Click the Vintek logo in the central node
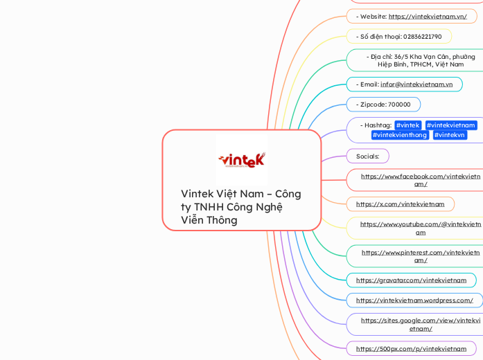coord(241,160)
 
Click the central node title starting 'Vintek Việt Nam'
coord(240,206)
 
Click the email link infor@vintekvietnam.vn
coord(416,84)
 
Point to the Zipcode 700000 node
coord(383,105)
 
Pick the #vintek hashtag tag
coord(407,125)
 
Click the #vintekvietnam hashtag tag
coord(451,125)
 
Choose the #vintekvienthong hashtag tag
coord(399,135)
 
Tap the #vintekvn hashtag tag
coord(450,135)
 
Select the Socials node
coord(367,156)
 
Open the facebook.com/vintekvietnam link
coord(420,180)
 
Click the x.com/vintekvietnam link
coord(400,204)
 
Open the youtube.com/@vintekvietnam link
coord(420,228)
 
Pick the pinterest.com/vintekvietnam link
coord(420,256)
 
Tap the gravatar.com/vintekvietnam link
coord(411,280)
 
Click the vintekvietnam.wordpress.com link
coord(414,300)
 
